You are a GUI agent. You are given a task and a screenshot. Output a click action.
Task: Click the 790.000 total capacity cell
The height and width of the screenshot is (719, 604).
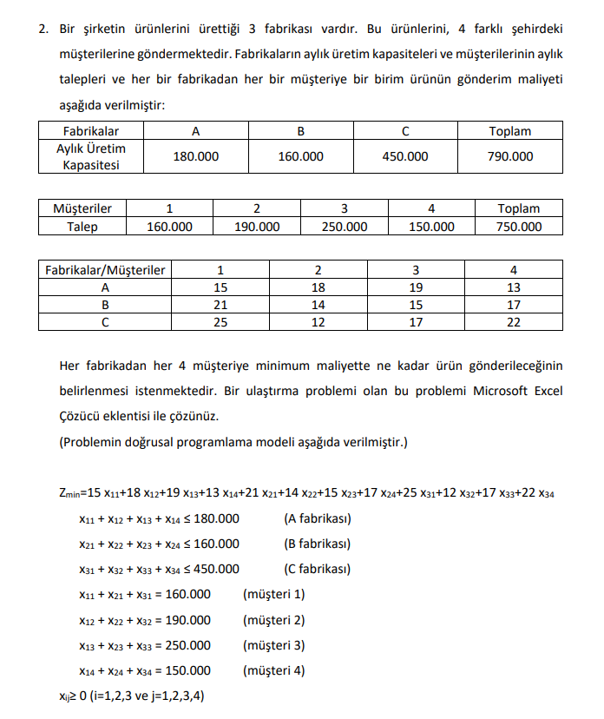(510, 157)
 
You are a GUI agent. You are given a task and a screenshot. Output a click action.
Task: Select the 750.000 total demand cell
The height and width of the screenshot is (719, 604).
(519, 227)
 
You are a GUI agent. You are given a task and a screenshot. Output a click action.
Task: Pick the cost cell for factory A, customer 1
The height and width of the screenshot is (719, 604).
(220, 287)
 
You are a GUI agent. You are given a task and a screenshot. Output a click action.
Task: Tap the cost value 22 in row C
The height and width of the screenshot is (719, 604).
(514, 322)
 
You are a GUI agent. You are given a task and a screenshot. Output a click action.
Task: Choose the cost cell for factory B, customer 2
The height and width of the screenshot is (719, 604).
(318, 305)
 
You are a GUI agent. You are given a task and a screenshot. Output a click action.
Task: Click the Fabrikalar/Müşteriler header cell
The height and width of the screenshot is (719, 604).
(105, 270)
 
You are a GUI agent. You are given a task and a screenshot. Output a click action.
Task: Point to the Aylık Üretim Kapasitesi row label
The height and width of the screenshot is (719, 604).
(91, 157)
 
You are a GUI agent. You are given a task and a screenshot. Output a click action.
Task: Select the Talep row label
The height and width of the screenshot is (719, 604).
(82, 227)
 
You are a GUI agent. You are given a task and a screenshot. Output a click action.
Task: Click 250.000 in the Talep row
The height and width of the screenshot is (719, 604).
(344, 227)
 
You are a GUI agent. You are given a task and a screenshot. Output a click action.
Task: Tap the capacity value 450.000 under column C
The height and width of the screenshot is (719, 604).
(405, 157)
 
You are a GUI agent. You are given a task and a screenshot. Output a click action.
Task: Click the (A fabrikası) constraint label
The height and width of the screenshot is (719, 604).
(317, 519)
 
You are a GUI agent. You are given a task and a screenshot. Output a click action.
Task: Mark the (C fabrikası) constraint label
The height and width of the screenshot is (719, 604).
(317, 569)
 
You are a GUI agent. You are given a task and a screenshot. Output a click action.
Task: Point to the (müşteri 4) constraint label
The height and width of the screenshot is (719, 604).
(274, 670)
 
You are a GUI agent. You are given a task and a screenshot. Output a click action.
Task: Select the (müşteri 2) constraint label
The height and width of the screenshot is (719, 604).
(274, 620)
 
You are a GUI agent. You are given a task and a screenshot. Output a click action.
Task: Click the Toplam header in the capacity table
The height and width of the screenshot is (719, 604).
(510, 131)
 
